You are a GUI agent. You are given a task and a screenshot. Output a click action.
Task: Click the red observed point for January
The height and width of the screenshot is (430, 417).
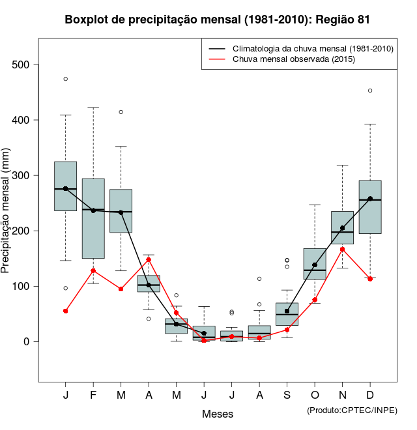[x=66, y=311]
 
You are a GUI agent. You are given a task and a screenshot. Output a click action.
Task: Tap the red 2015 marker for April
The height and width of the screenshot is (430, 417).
[x=149, y=259]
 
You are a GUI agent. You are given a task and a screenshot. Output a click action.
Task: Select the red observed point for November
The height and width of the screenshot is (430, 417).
[x=342, y=249]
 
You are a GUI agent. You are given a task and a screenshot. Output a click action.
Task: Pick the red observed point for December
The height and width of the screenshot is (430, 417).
[x=370, y=278]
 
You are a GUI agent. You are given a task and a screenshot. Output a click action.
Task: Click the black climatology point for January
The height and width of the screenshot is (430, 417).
[x=66, y=188]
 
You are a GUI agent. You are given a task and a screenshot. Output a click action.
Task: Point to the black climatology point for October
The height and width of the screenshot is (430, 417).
[x=315, y=265]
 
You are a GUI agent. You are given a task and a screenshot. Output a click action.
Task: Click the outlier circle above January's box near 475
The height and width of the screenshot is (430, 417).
[x=66, y=79]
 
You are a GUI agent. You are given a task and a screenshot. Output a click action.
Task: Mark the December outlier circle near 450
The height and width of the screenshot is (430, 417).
[x=370, y=91]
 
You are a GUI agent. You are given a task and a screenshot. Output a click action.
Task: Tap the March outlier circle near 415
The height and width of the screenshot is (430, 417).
[x=121, y=112]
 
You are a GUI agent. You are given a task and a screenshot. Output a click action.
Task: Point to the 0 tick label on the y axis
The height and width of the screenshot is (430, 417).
[x=27, y=341]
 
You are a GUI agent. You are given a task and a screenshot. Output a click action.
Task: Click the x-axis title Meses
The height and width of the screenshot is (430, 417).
[x=218, y=414]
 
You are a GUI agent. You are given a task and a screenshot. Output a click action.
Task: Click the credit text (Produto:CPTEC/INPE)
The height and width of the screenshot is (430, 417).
[x=352, y=410]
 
